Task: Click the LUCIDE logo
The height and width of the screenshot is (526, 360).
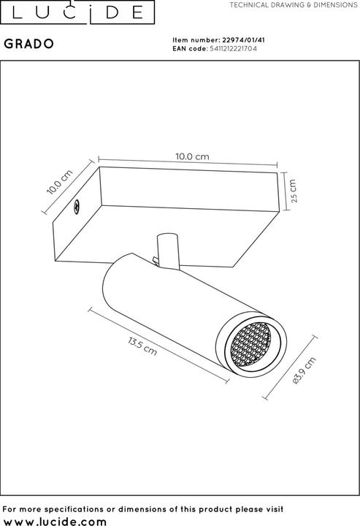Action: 77,12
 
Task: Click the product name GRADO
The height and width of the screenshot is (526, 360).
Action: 28,44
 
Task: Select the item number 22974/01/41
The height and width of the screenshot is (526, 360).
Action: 244,40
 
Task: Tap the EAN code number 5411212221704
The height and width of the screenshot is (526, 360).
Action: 234,49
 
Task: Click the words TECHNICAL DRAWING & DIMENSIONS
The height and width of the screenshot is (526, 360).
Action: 294,5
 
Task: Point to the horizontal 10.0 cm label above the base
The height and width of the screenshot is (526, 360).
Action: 192,156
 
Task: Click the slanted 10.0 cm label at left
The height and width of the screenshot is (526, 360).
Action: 60,182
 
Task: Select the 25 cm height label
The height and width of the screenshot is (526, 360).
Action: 294,191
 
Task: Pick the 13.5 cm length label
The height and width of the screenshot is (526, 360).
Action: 142,346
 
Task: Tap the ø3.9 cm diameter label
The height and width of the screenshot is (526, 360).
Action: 304,370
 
